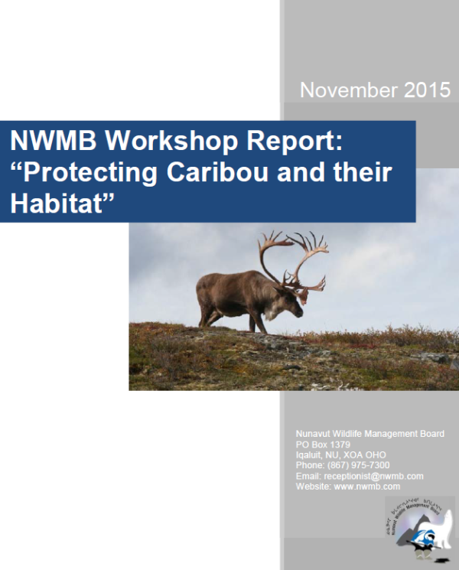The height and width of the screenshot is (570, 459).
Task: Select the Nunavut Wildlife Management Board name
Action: click(369, 434)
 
